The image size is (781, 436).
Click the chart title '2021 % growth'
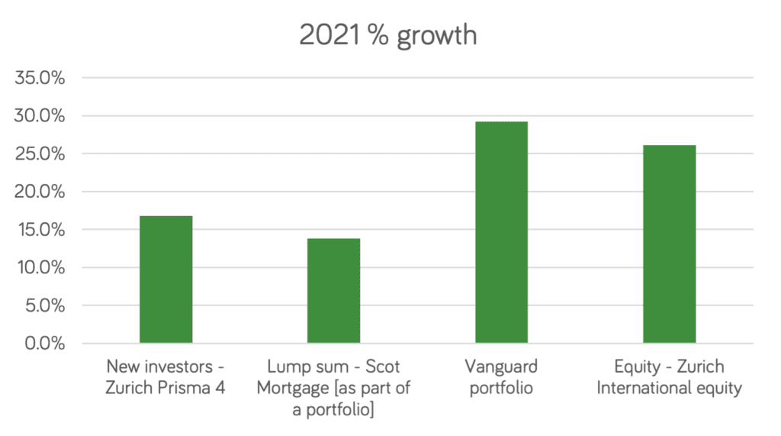(389, 36)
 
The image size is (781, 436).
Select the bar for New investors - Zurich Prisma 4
(166, 279)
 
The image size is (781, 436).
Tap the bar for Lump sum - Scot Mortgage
(333, 291)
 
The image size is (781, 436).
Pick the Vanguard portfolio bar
(501, 232)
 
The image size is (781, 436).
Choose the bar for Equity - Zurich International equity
(669, 244)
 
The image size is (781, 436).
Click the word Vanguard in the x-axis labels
(501, 367)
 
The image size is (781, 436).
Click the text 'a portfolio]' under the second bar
(333, 409)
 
